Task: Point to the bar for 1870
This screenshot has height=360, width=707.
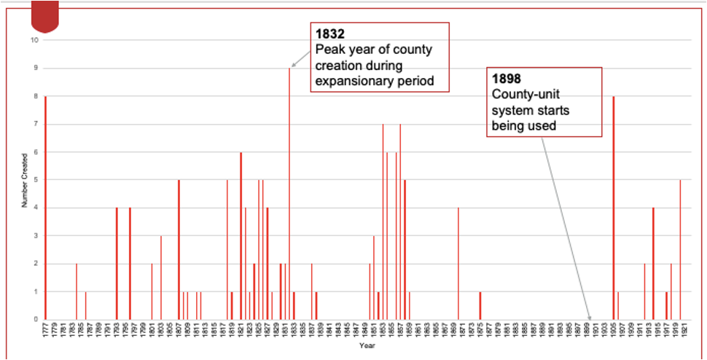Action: [458, 263]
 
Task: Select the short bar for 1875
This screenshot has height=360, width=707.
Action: [480, 305]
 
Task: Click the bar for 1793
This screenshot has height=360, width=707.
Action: [117, 263]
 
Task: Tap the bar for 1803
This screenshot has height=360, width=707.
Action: [161, 277]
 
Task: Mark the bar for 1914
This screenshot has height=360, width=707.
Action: [653, 263]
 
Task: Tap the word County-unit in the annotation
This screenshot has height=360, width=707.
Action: [520, 94]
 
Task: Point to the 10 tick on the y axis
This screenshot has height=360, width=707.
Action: [35, 40]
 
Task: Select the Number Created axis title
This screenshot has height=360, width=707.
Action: [24, 179]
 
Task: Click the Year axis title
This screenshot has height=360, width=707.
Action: [362, 345]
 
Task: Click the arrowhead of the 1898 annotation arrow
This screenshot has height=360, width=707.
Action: [590, 318]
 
